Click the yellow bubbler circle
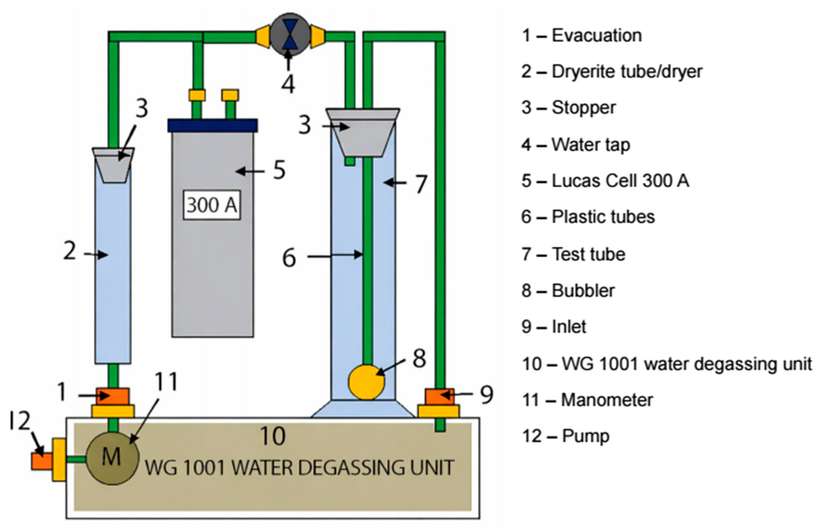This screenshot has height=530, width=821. coord(367,382)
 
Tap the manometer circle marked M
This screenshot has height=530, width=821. coord(112,457)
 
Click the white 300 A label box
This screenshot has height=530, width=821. coord(212,205)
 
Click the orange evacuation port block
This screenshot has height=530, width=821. coord(112,396)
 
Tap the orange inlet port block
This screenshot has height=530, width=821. coord(439,396)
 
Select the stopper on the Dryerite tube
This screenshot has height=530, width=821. coord(113,165)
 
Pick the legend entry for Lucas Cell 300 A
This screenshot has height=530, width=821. coord(606,181)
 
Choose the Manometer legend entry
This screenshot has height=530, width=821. coord(587,400)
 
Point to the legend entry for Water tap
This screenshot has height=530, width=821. coord(576,144)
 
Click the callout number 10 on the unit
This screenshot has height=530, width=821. coord(273,436)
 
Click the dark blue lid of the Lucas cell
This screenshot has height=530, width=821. coord(212,125)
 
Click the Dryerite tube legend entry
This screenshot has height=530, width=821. coord(612,72)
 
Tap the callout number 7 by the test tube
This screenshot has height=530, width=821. coord(421,184)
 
